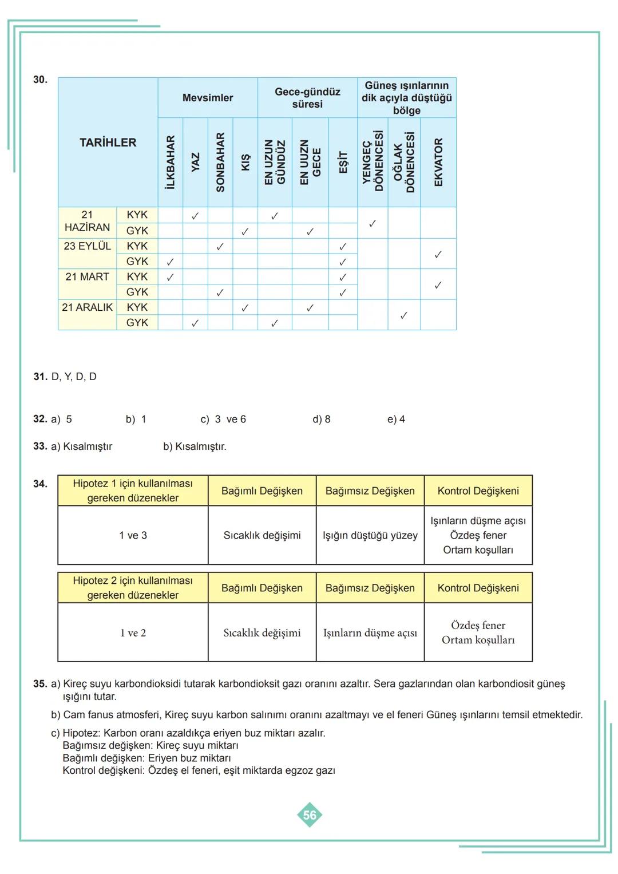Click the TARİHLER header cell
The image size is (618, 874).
pos(108,143)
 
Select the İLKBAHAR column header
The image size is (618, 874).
pos(170,162)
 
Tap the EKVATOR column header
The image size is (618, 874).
pos(438,162)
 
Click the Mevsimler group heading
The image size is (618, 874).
pos(208,98)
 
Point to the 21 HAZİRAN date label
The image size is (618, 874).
pos(87,222)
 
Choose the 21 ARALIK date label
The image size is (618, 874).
pos(87,307)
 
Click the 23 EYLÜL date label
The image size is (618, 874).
pos(87,246)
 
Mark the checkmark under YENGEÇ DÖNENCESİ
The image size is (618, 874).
pos(373,223)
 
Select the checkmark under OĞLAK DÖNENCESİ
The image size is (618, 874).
pos(403,315)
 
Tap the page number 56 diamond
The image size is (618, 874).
pos(310,815)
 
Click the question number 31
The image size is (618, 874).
pos(40,377)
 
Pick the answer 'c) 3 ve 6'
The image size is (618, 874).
pos(223,420)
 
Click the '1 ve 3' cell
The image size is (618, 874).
pos(133,536)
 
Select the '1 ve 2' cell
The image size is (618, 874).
pos(133,633)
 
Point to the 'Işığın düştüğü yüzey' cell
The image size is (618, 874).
pos(370,536)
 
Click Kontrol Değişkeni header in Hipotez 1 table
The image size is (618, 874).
pos(478,491)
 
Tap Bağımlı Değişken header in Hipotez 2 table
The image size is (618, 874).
pos(262,588)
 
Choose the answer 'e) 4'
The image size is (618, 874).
pos(396,420)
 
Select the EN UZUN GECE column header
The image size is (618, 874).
pos(310,162)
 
